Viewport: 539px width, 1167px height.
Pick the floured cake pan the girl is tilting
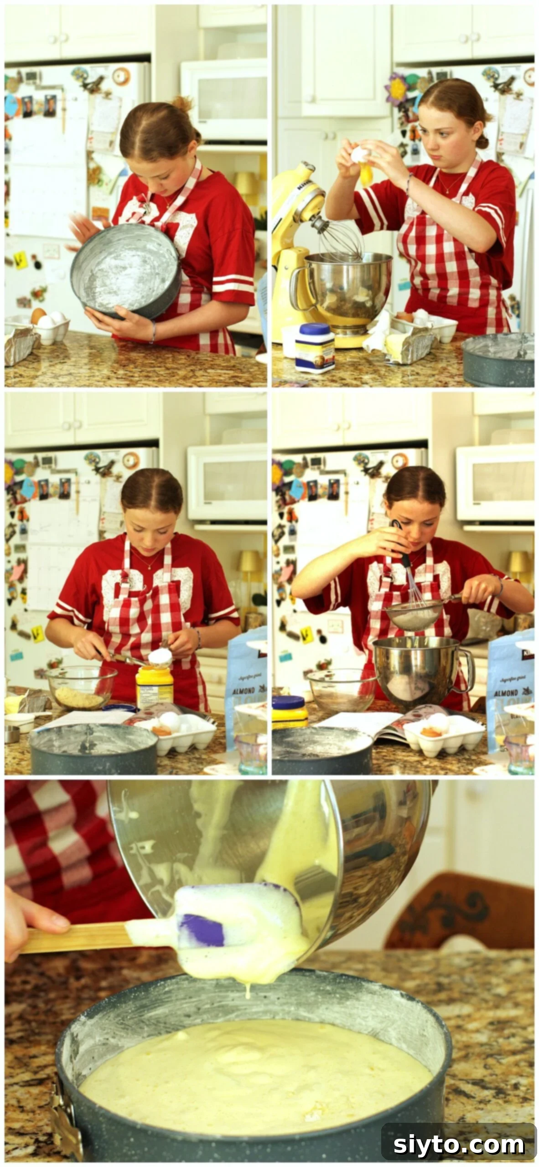point(125,271)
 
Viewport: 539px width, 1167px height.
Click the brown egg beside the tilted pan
point(38,315)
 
